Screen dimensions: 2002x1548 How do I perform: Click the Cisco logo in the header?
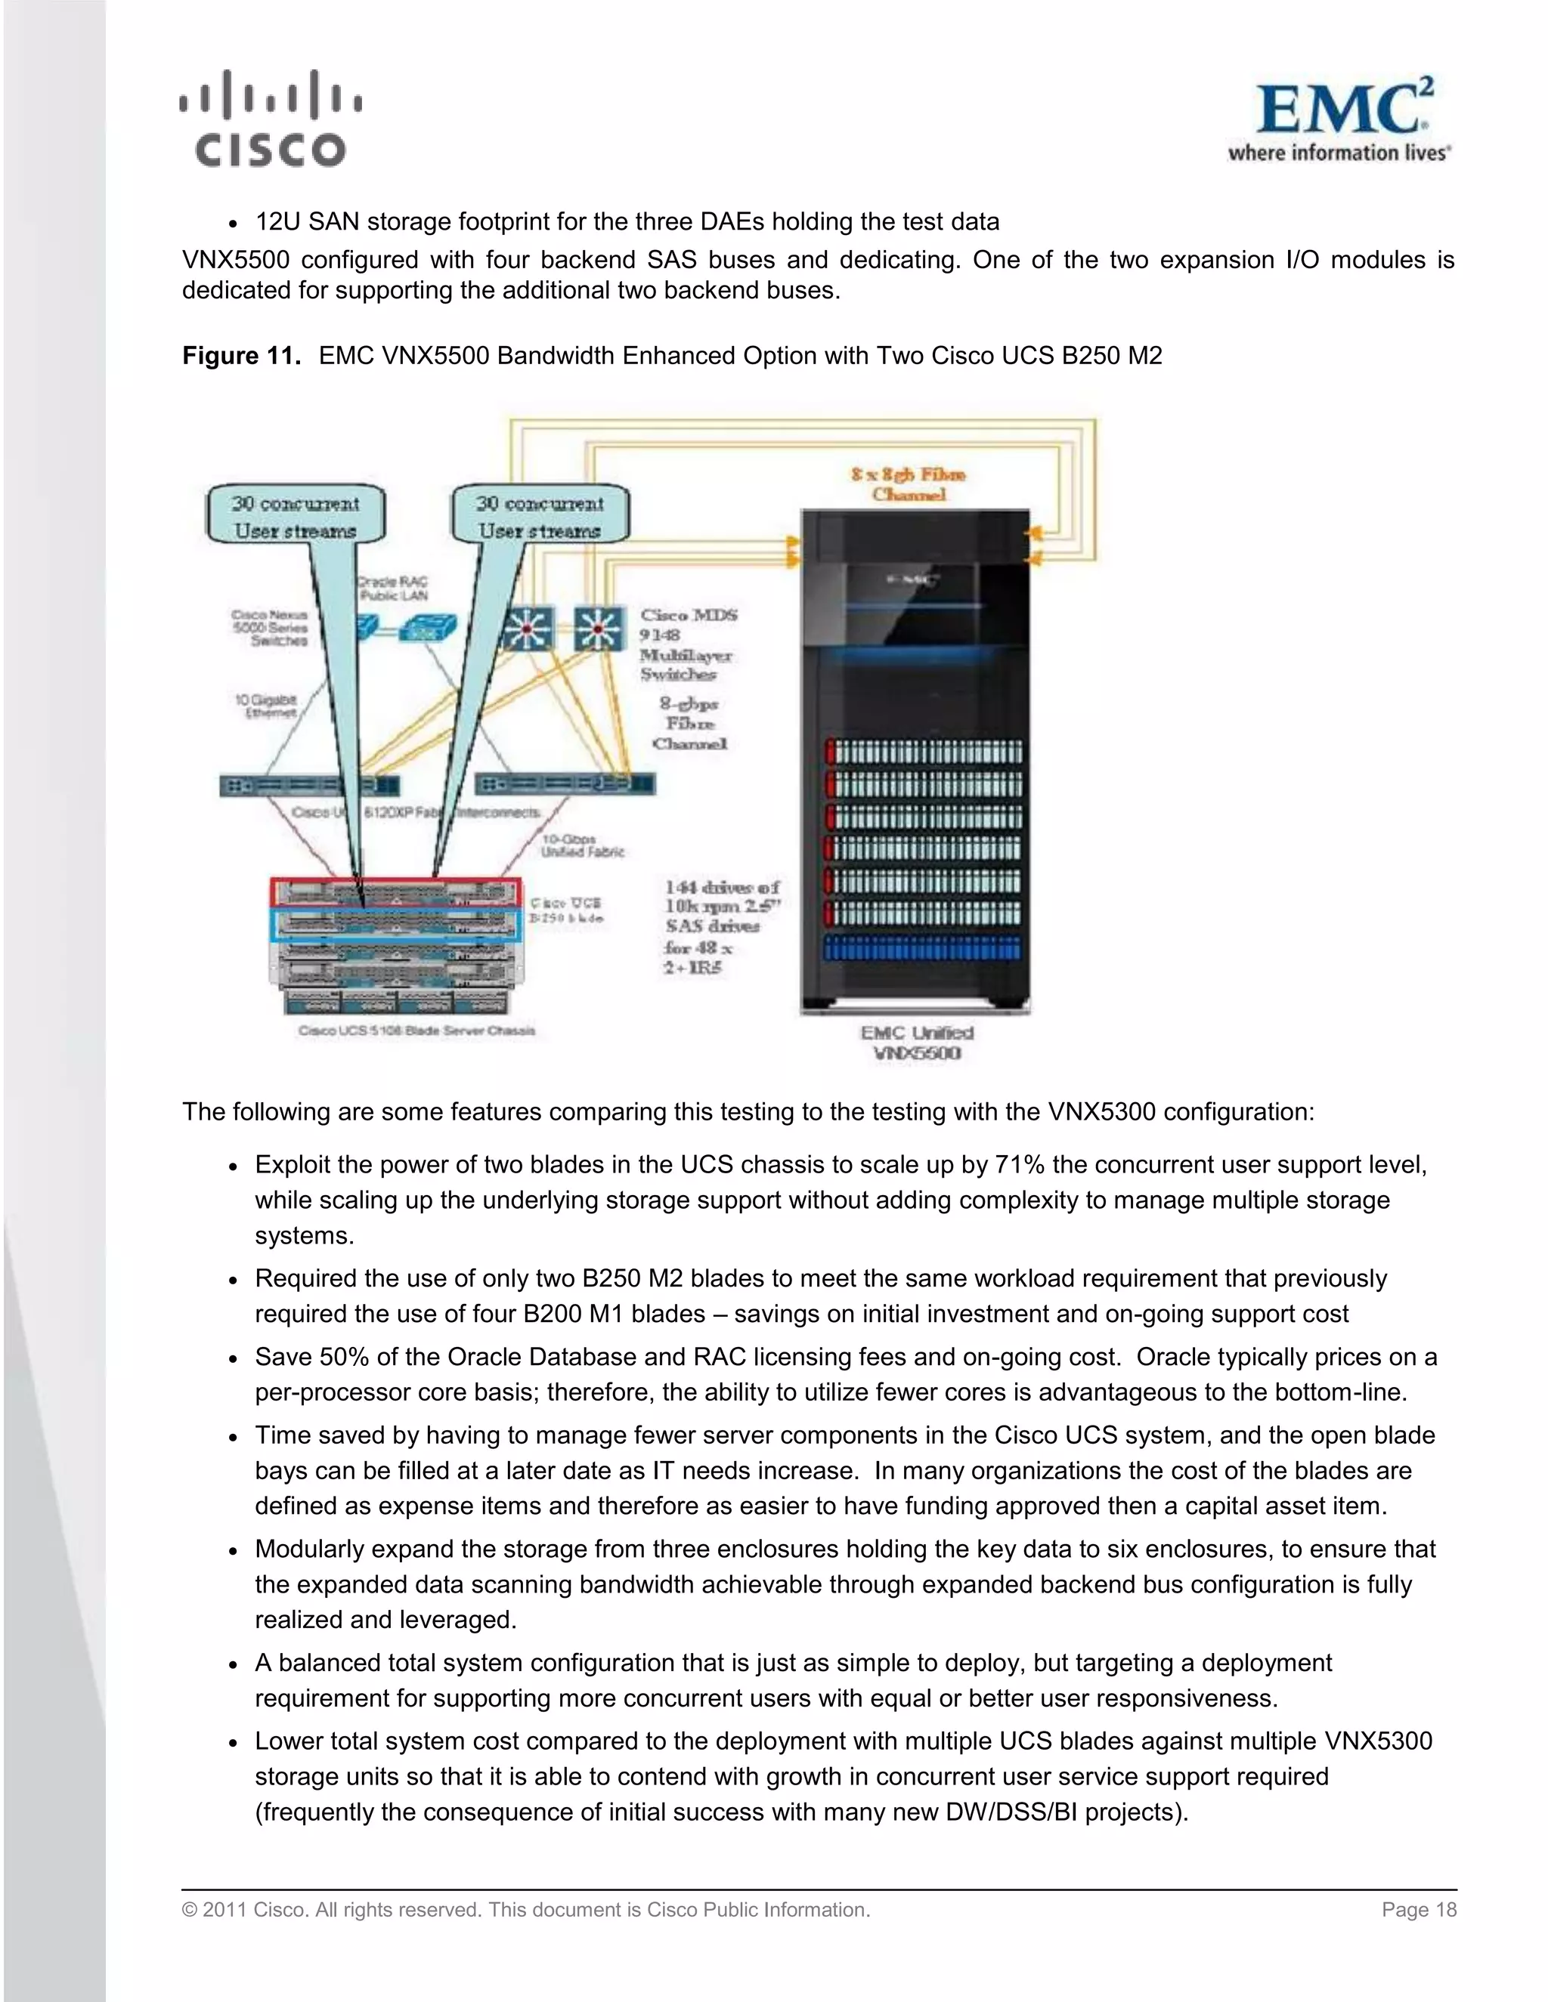(271, 120)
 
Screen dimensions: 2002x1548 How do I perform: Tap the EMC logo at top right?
(1341, 120)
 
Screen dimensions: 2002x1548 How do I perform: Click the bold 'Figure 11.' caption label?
(241, 356)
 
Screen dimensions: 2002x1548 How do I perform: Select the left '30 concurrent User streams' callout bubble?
(296, 516)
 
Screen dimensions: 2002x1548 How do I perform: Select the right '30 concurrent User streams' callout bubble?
(540, 516)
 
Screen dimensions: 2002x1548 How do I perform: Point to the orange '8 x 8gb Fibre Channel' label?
(908, 484)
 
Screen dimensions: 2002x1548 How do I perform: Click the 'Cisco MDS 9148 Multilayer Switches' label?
(688, 644)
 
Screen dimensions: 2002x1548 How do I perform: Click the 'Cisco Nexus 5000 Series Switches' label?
(270, 628)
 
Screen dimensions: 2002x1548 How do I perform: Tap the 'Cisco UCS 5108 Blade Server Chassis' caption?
(416, 1030)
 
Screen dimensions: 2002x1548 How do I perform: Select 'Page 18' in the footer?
(1419, 1909)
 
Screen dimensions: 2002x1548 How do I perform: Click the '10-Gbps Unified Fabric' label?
(582, 845)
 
